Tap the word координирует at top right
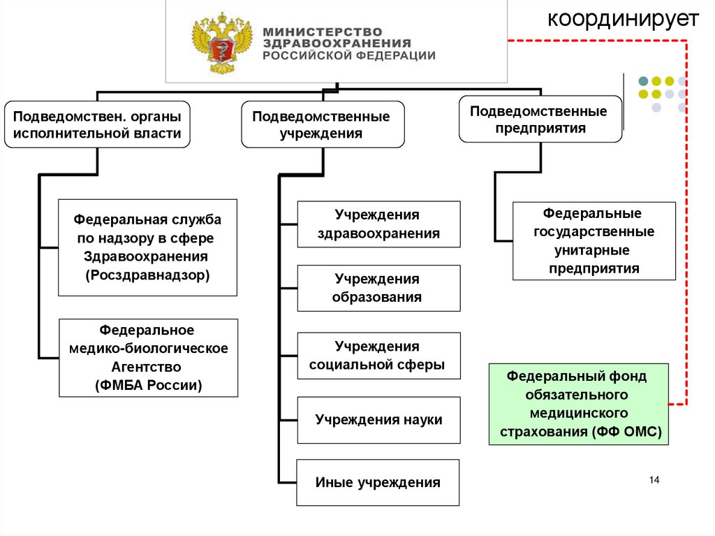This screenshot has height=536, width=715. (623, 19)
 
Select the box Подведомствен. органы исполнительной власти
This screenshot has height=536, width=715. (97, 124)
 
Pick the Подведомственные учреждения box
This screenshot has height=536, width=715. (322, 124)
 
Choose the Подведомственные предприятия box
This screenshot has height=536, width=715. (540, 119)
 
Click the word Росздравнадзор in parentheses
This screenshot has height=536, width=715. (148, 275)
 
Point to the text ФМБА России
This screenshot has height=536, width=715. (148, 384)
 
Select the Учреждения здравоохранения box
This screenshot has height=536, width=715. (378, 224)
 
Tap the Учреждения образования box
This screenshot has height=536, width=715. (378, 288)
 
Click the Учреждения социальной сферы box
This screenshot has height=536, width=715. (378, 356)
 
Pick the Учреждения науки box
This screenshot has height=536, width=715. (378, 420)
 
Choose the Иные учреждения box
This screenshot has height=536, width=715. (378, 482)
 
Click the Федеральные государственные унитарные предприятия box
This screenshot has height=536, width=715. (594, 240)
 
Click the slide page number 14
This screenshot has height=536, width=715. (654, 479)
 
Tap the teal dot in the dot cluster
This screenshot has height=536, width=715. (643, 80)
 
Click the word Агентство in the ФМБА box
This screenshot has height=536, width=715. (148, 366)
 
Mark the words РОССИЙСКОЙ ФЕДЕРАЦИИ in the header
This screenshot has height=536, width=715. (349, 55)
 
